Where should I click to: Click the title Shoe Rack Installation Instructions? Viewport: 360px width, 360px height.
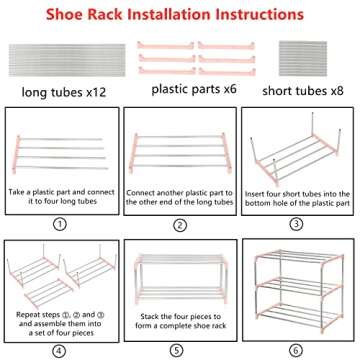(180, 15)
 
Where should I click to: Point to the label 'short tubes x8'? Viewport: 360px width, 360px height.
(303, 92)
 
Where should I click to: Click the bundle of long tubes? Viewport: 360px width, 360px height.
(60, 58)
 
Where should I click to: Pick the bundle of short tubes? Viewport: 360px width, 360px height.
(304, 58)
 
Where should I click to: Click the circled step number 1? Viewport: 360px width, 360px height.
(60, 224)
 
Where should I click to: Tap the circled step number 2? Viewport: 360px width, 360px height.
(180, 224)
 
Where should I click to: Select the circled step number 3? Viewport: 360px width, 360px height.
(299, 224)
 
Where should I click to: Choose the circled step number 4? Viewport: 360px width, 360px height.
(60, 350)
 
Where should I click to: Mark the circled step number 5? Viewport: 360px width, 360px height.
(180, 350)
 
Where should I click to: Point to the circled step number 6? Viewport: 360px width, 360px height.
(299, 350)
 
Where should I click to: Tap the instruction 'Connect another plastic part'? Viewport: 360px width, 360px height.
(180, 189)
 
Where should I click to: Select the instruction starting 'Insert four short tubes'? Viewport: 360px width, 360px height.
(299, 189)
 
